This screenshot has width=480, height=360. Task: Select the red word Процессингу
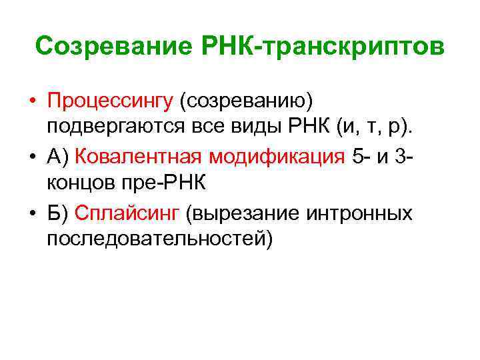[109, 101]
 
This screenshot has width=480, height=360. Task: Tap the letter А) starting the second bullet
[58, 157]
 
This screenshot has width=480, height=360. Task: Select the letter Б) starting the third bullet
[57, 213]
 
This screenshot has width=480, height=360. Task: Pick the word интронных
[359, 213]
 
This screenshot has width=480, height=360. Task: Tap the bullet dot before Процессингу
[32, 101]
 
